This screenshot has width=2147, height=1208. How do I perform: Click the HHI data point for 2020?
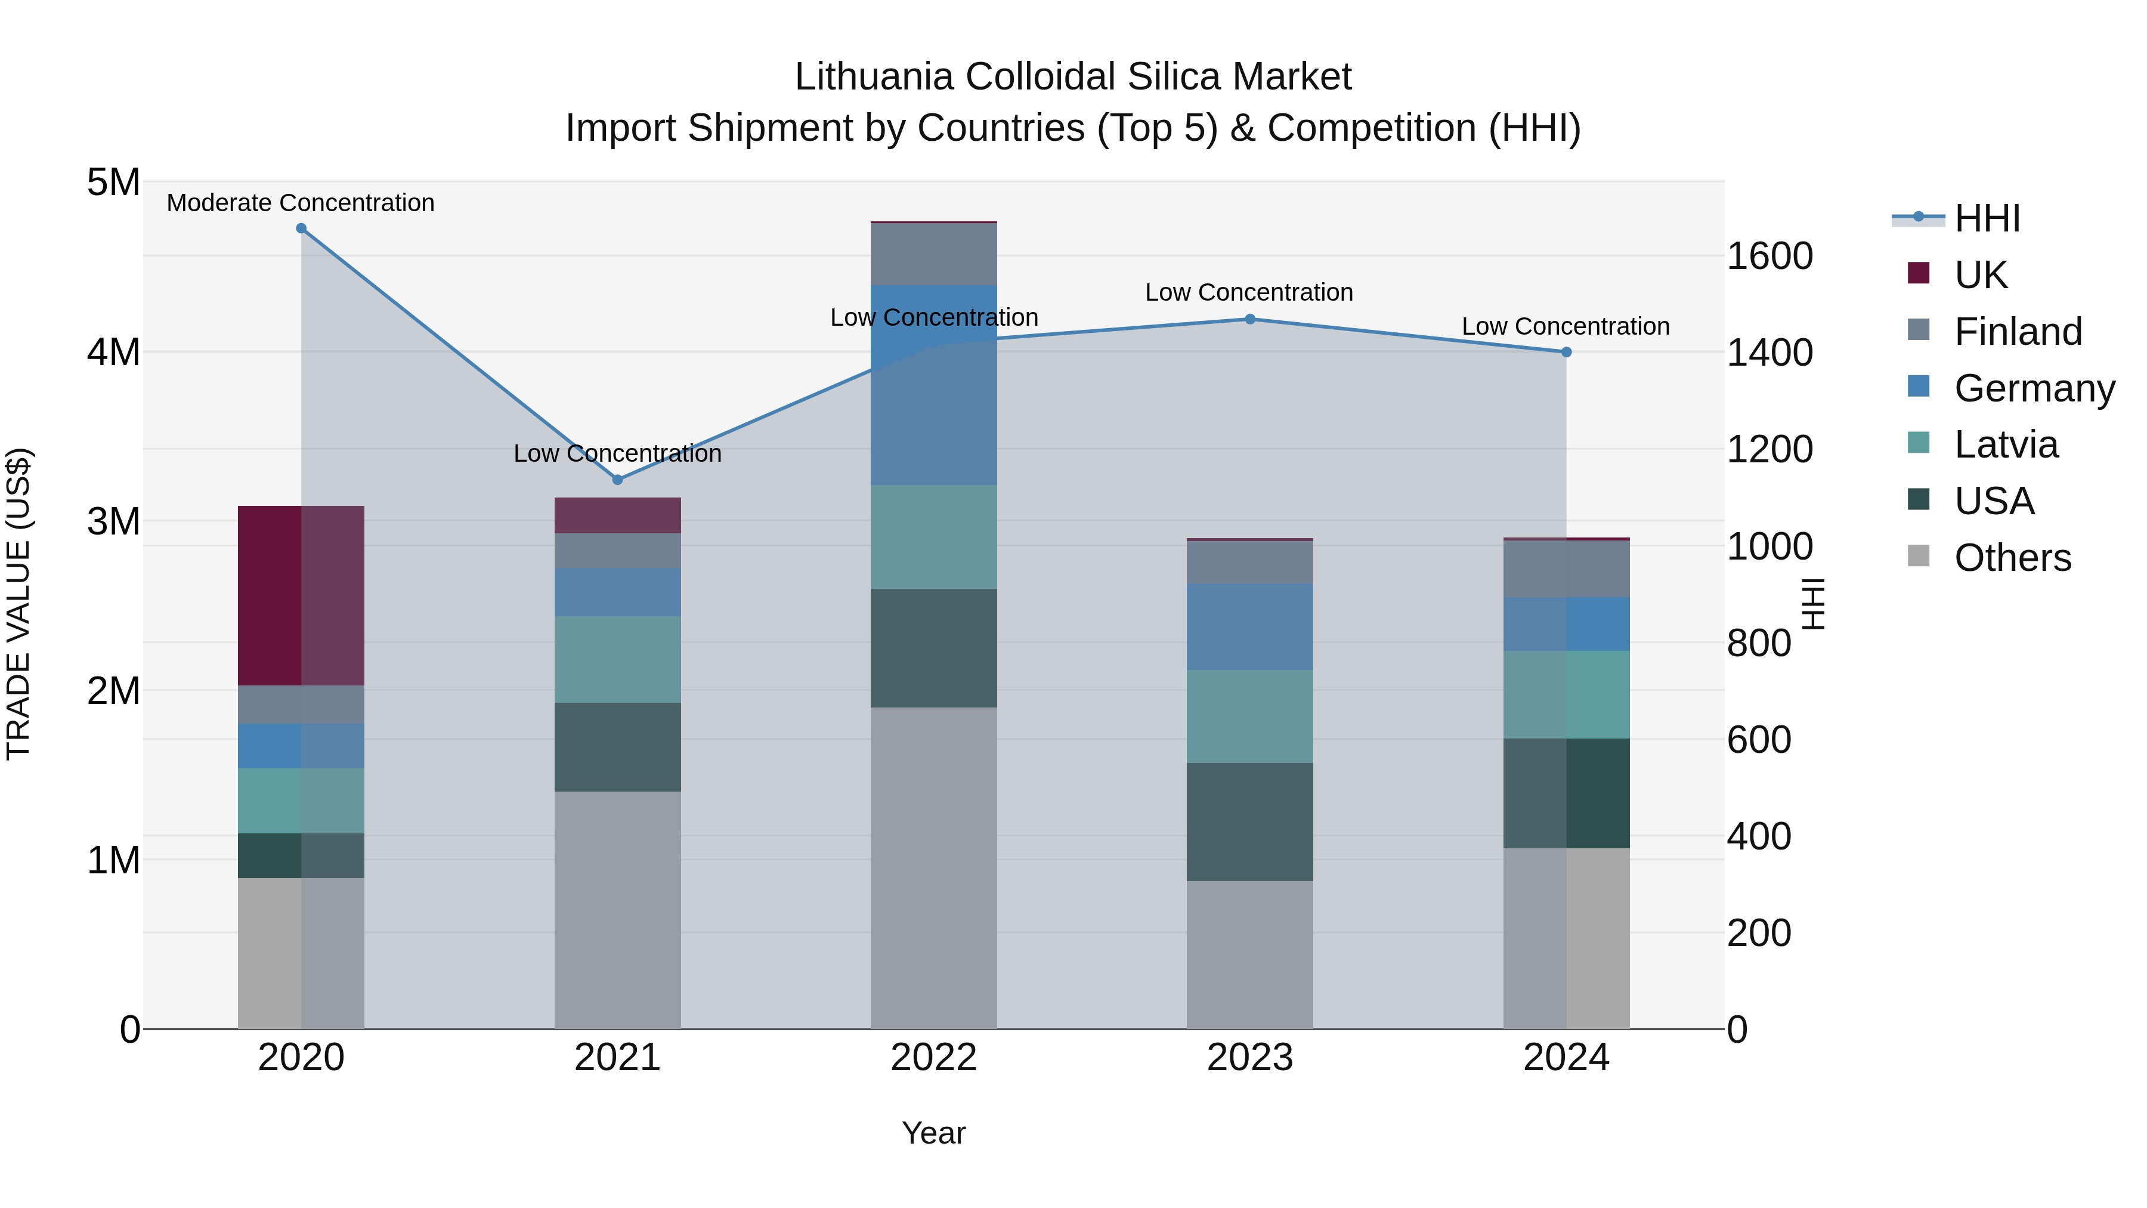(301, 228)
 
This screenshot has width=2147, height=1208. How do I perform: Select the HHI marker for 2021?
(618, 480)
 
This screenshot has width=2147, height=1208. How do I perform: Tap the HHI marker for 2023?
(1250, 319)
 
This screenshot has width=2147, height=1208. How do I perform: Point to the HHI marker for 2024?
(1566, 352)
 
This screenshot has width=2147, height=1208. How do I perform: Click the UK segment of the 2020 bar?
(301, 595)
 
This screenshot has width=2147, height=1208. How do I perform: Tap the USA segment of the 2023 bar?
(1250, 821)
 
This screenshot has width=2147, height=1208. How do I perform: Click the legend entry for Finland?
(2017, 331)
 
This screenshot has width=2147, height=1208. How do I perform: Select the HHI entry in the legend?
(1987, 218)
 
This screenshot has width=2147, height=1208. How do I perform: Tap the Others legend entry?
(2012, 558)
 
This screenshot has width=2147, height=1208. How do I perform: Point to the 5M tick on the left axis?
(113, 182)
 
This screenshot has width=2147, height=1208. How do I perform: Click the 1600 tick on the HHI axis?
(1769, 256)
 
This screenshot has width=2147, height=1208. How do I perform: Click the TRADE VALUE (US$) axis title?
(18, 604)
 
